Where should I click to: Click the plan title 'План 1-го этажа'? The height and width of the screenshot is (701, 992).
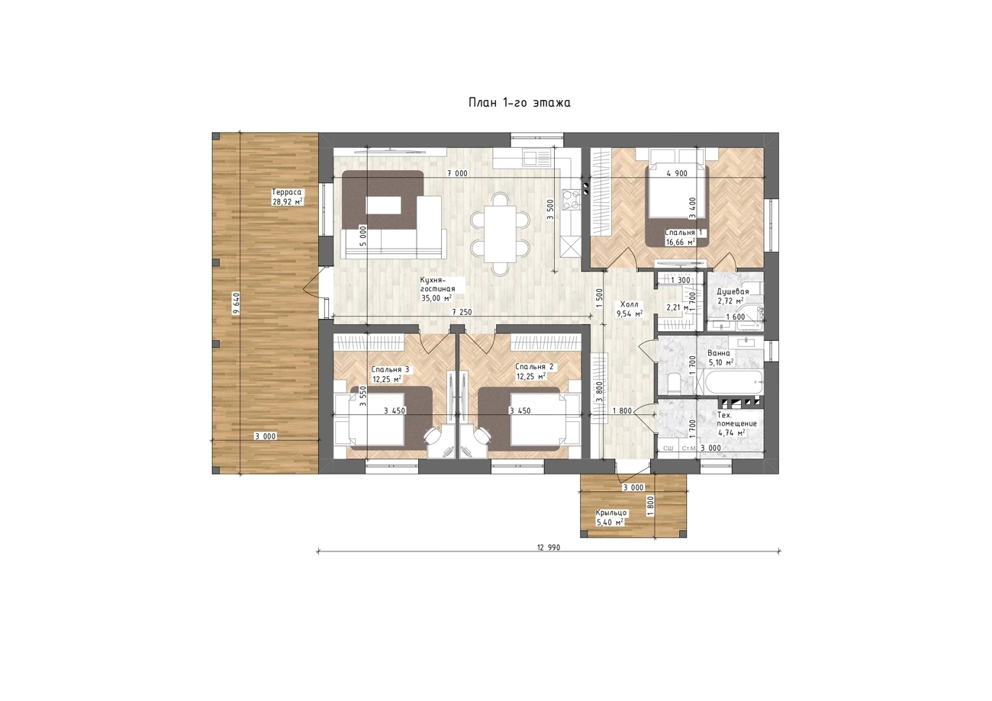(519, 103)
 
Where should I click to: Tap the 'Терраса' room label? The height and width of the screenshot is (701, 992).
(286, 192)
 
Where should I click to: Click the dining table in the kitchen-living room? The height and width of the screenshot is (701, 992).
(500, 234)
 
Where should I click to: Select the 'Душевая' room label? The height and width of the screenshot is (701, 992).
(733, 291)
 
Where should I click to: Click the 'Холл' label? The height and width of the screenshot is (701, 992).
(629, 304)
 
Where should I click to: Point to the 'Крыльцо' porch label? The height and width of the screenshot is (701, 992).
(611, 513)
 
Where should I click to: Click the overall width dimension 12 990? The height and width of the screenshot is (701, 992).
(549, 548)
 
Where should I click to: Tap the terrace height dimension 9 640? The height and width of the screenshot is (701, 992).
(237, 304)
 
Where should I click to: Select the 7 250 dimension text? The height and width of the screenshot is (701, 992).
(462, 312)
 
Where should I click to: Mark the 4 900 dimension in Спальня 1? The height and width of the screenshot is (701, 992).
(677, 173)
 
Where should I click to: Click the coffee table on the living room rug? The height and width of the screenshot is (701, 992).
(384, 206)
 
